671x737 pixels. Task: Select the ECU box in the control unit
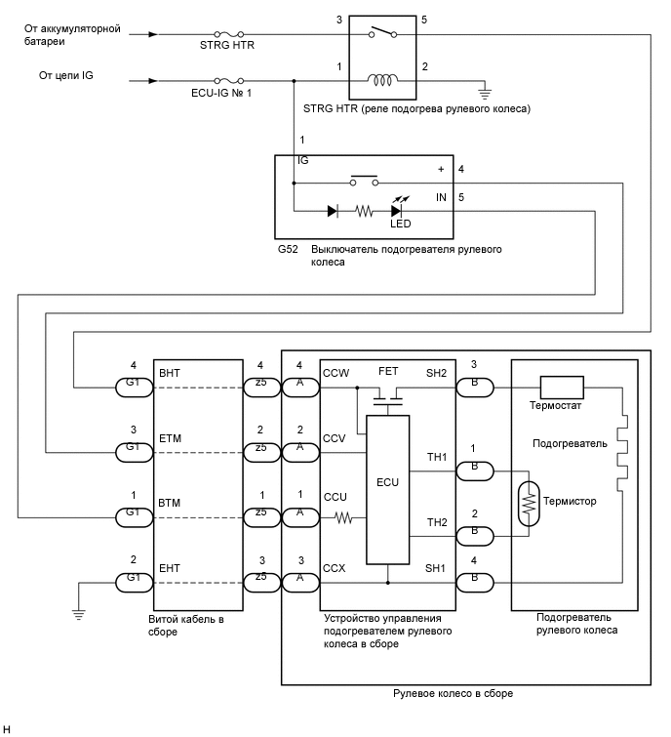[388, 481]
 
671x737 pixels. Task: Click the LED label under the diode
[400, 224]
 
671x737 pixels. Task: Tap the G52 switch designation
[288, 250]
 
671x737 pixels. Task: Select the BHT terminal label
[170, 372]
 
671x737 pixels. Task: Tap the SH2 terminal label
[435, 372]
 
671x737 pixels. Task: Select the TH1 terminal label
[435, 456]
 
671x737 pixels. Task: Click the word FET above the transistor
[388, 371]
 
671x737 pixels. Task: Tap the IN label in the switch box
[442, 198]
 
